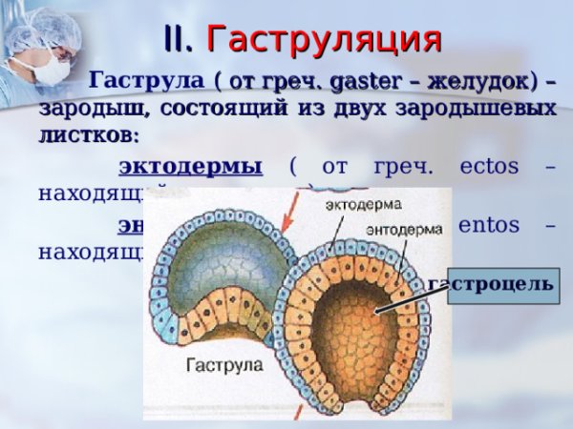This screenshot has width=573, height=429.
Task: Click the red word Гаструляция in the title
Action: (x=325, y=39)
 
